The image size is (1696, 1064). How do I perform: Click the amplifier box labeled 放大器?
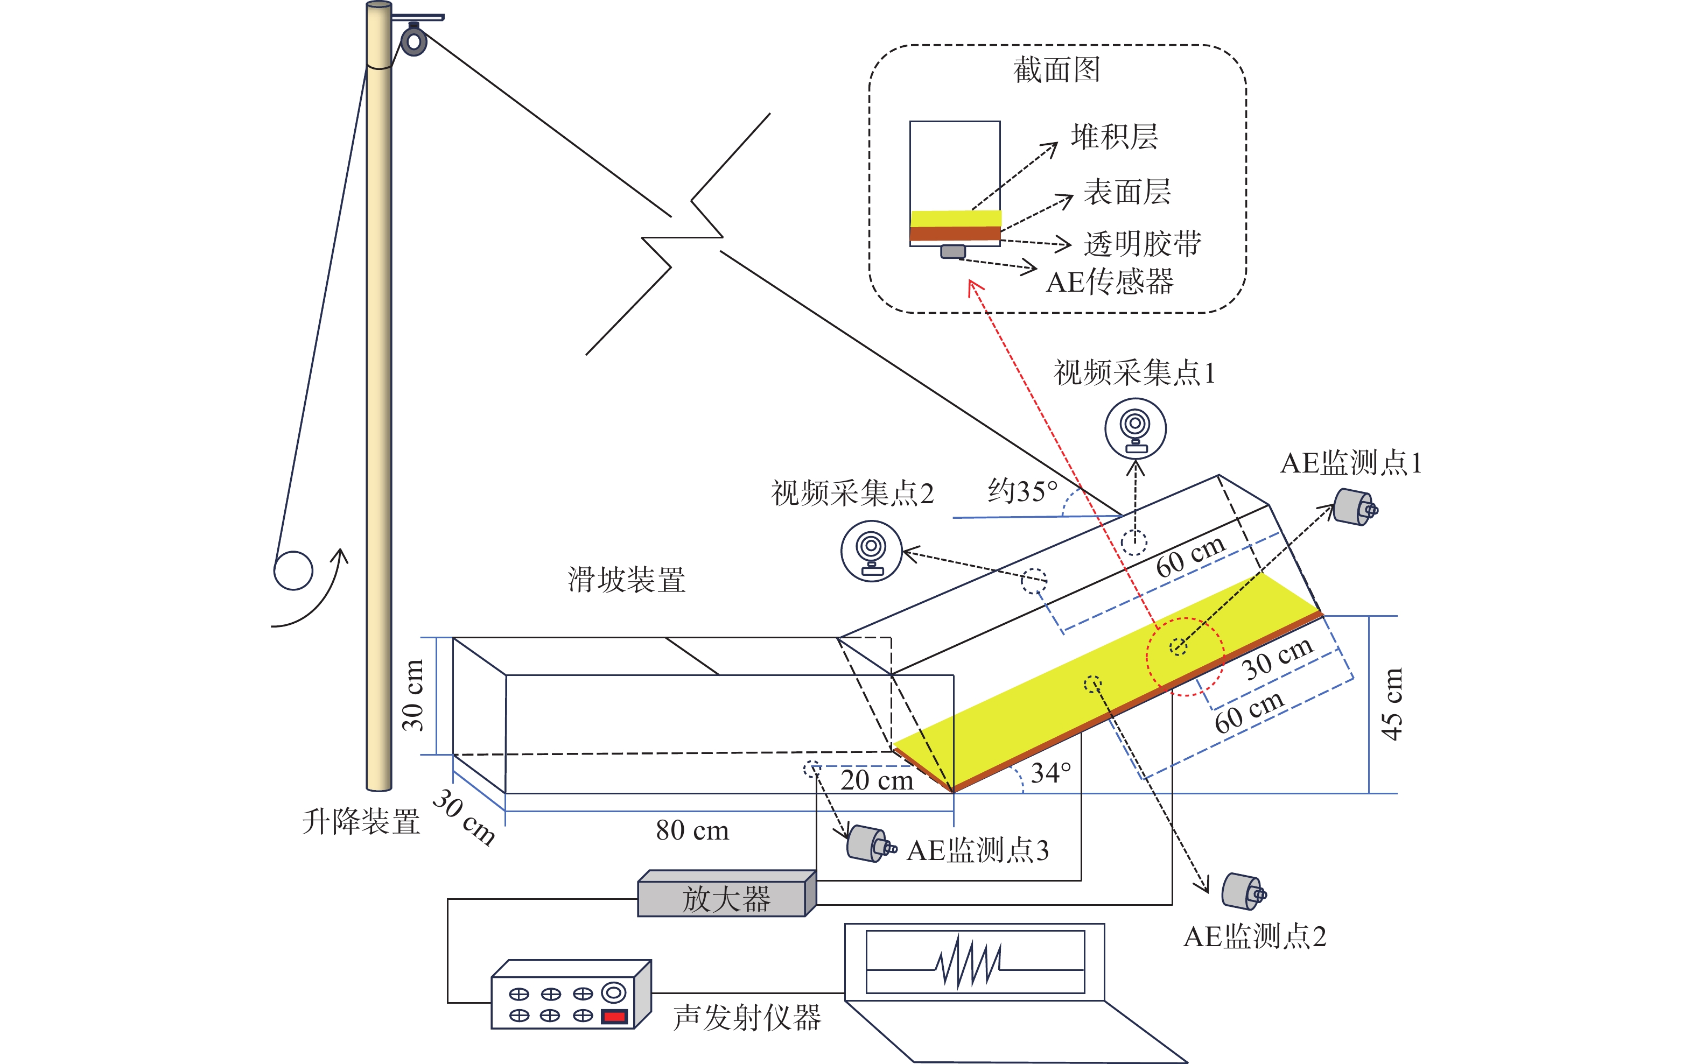pyautogui.click(x=725, y=898)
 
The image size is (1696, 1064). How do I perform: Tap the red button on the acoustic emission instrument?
pyautogui.click(x=614, y=1016)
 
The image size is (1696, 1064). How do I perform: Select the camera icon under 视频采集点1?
pyautogui.click(x=1135, y=428)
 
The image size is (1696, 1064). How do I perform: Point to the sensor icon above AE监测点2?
pyautogui.click(x=1243, y=892)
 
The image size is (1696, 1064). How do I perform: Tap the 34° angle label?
pyautogui.click(x=1050, y=773)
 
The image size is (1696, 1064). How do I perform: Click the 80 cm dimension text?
pyautogui.click(x=692, y=831)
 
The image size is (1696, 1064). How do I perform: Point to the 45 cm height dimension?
pyautogui.click(x=1391, y=704)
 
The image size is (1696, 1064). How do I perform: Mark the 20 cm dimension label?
pyautogui.click(x=877, y=780)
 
